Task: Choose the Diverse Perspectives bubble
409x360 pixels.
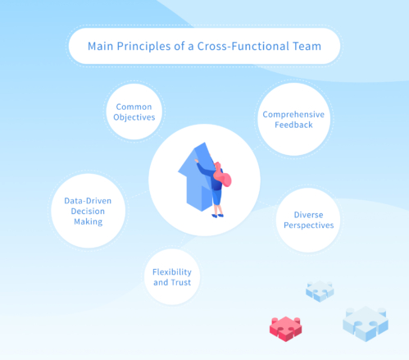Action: pyautogui.click(x=307, y=219)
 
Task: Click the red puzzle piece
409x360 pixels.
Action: pyautogui.click(x=287, y=327)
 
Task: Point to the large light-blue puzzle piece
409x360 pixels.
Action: pyautogui.click(x=365, y=321)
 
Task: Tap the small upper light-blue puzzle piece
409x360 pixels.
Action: pyautogui.click(x=319, y=289)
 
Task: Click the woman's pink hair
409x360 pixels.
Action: pyautogui.click(x=222, y=176)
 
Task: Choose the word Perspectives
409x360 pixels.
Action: pyautogui.click(x=307, y=225)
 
